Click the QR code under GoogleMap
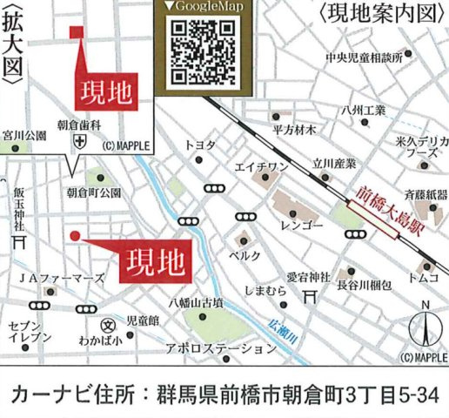pyautogui.click(x=201, y=52)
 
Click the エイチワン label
pyautogui.click(x=261, y=165)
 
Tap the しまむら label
pyautogui.click(x=265, y=292)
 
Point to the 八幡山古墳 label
pyautogui.click(x=196, y=303)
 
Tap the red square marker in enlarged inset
pyautogui.click(x=76, y=33)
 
